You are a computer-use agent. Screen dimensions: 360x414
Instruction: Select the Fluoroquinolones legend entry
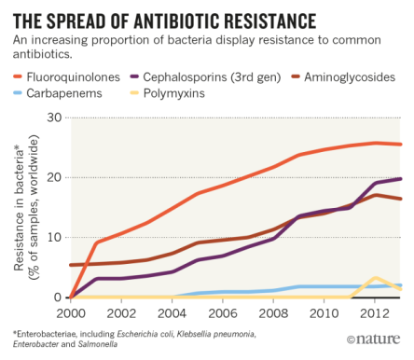pyautogui.click(x=70, y=76)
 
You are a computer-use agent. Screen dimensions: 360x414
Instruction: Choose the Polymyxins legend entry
pyautogui.click(x=192, y=93)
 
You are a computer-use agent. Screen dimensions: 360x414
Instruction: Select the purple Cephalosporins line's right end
pyautogui.click(x=400, y=179)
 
